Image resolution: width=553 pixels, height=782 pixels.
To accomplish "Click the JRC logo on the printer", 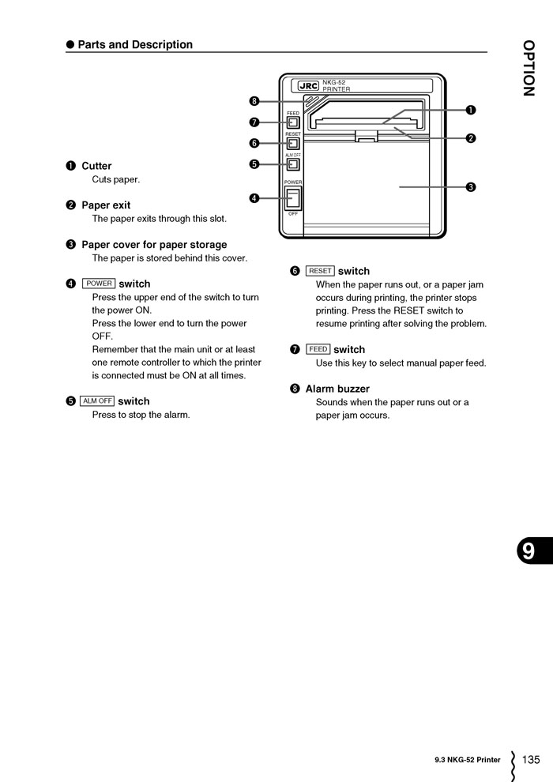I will [x=308, y=86].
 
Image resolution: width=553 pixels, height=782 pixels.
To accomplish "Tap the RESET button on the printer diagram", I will [x=292, y=144].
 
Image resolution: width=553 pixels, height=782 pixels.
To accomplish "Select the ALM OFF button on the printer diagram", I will [x=292, y=165].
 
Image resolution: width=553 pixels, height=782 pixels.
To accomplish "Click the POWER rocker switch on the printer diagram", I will [x=292, y=197].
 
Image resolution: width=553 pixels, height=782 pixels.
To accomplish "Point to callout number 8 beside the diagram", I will [x=254, y=101].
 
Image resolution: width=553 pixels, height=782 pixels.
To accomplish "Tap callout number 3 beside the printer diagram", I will [x=470, y=187].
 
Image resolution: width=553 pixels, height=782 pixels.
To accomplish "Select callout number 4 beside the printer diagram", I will [x=254, y=198].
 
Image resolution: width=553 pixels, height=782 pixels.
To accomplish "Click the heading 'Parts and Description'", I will [x=135, y=45].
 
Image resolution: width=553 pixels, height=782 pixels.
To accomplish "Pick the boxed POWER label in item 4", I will [x=99, y=284].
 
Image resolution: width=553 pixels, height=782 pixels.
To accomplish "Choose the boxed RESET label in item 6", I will [x=320, y=271].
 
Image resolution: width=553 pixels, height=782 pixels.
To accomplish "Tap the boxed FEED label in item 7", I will [x=318, y=349].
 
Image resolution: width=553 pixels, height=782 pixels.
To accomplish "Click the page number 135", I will [x=531, y=760].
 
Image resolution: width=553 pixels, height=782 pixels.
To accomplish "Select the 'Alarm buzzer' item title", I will [x=337, y=389].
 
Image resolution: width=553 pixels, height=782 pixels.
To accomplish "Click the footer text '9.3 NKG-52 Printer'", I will [x=467, y=761].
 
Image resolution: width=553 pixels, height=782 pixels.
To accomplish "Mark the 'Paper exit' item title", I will [x=106, y=205].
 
